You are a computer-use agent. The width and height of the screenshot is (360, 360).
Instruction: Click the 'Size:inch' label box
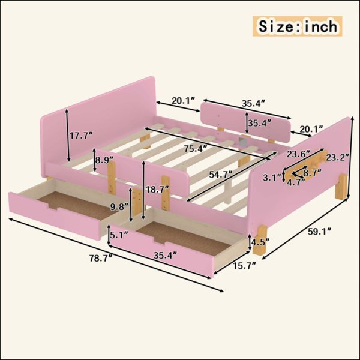click(298, 26)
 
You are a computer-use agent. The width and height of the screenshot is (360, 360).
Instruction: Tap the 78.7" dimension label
click(101, 258)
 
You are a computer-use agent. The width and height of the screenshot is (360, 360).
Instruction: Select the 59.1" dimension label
click(319, 232)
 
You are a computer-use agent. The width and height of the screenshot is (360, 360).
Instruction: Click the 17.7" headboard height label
click(81, 136)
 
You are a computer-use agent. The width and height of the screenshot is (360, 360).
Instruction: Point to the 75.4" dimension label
click(196, 149)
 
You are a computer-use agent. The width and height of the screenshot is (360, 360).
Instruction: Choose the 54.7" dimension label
click(221, 175)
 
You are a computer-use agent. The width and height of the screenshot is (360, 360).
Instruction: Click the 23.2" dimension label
click(338, 157)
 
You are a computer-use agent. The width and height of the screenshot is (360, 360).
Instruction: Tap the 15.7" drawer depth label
click(245, 266)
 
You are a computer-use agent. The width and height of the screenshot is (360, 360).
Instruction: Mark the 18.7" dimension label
click(157, 190)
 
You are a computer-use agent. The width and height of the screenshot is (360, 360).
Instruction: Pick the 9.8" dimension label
click(119, 207)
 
